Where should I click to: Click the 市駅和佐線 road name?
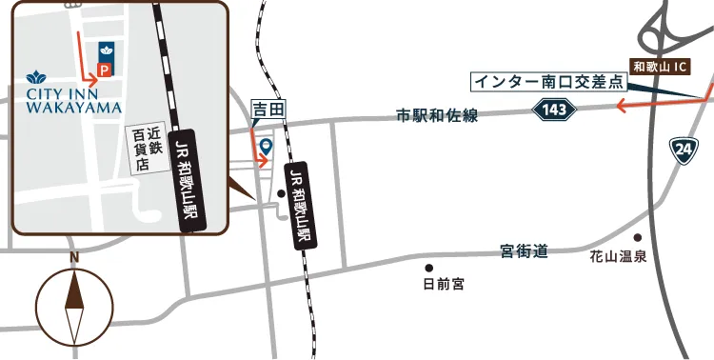pos(437,116)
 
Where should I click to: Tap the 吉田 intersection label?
pos(267,110)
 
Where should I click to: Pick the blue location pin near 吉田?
pos(267,146)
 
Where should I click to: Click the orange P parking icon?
pos(105,70)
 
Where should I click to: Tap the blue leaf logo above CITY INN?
pos(38,76)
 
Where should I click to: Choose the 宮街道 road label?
pos(524,251)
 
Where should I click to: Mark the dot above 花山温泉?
pos(638,238)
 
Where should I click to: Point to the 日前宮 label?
pos(444,284)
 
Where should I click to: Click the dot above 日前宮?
pos(429,268)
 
